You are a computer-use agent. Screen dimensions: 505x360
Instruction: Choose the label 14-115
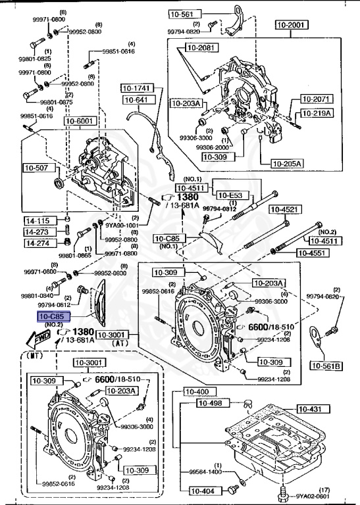click(x=38, y=221)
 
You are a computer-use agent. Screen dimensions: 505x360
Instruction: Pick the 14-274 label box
click(x=38, y=243)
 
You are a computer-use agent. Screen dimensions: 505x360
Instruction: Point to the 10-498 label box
click(x=220, y=404)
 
